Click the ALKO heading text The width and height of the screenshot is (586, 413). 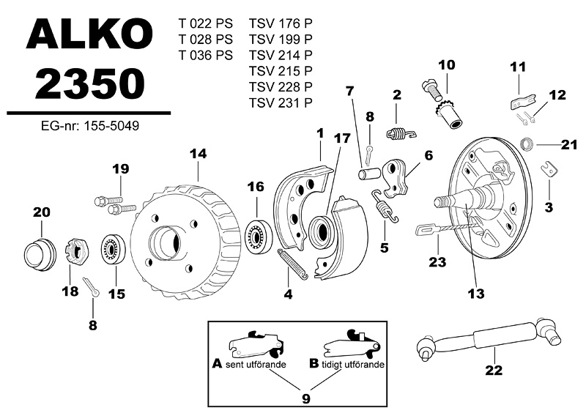(86, 38)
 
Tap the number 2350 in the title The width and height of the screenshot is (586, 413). (87, 85)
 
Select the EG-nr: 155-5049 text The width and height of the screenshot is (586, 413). (90, 126)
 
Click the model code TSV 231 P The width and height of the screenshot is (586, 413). (281, 103)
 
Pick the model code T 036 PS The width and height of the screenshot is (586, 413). (206, 54)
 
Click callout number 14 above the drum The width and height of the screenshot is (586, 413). (199, 155)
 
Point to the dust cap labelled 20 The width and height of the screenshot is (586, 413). (40, 253)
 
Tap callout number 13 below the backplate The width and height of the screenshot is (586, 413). (476, 294)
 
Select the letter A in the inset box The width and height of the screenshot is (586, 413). (217, 363)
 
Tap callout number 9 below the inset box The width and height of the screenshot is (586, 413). (306, 398)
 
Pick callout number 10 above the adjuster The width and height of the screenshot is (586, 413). (447, 65)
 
